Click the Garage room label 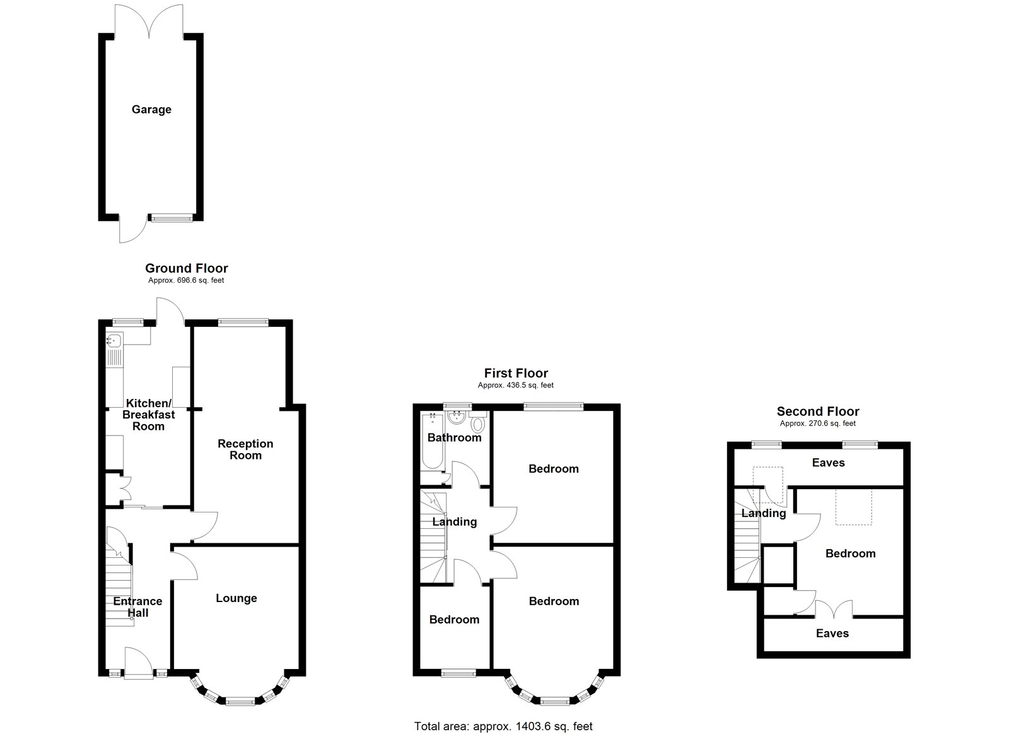[x=151, y=110]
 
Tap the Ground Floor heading [x=187, y=268]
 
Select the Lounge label [x=236, y=598]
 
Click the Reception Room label [x=245, y=449]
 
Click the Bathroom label [x=455, y=437]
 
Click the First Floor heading [x=516, y=374]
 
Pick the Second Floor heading [x=818, y=411]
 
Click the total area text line [x=503, y=714]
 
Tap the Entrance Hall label [x=138, y=607]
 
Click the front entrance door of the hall [x=138, y=662]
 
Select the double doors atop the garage [x=149, y=20]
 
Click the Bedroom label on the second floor [x=851, y=553]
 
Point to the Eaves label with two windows [x=829, y=463]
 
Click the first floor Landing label [x=455, y=522]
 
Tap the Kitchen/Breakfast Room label [x=149, y=415]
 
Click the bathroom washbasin [x=457, y=417]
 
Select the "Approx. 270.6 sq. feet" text [x=817, y=423]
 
